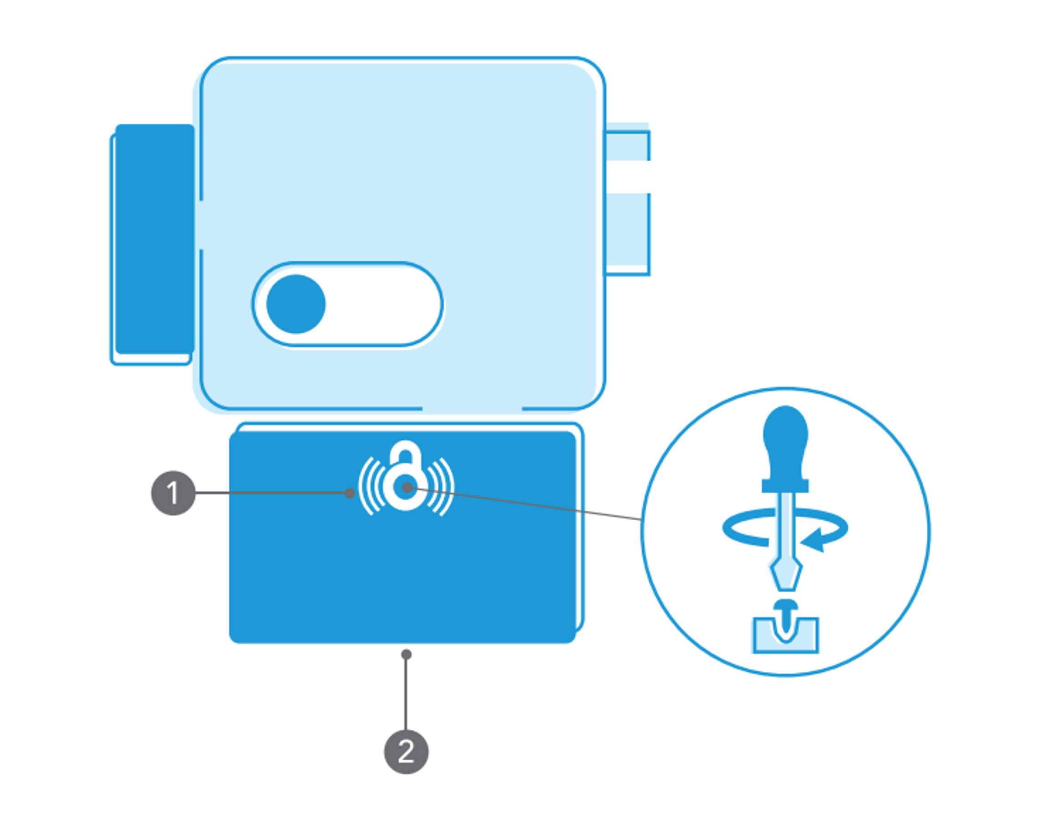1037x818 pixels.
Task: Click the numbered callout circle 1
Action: (x=173, y=493)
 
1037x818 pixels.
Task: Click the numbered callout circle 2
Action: (x=406, y=752)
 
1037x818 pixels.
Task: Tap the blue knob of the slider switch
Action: (x=296, y=304)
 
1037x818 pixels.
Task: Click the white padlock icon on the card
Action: (x=406, y=476)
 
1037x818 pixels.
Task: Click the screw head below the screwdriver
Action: (x=786, y=605)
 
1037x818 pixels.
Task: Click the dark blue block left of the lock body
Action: (x=155, y=239)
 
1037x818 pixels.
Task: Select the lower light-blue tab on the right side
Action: (x=627, y=234)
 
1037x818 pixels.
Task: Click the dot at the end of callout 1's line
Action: (x=350, y=493)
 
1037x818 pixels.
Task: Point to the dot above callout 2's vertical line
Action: (x=406, y=655)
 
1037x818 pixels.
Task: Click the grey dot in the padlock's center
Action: (x=407, y=488)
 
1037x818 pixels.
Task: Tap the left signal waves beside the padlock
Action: (x=371, y=486)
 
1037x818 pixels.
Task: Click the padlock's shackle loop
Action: (x=405, y=452)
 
